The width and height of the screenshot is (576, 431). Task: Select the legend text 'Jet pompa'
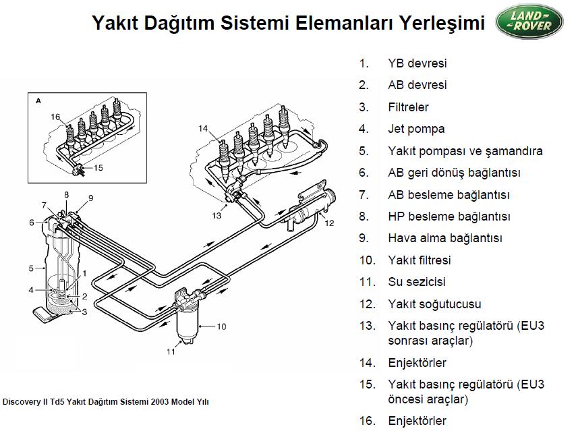tap(416, 129)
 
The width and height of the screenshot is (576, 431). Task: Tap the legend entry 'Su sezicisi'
tap(416, 282)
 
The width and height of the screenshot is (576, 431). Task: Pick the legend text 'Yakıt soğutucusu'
tap(434, 304)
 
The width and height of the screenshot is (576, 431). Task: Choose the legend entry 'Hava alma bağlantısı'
tap(445, 238)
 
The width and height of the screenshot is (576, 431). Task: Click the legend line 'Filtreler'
tap(408, 107)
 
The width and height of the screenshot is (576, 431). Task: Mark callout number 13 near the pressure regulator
tap(216, 216)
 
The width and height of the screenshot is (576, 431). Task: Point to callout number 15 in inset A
tap(98, 168)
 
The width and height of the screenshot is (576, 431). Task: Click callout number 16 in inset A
tap(55, 117)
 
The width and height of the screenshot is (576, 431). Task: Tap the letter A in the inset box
tap(38, 100)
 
